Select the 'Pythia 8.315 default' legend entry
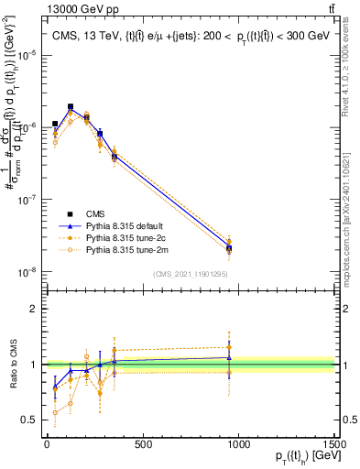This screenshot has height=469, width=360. click(118, 225)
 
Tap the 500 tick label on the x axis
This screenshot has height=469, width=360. click(142, 445)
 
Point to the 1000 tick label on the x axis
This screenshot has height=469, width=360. click(238, 445)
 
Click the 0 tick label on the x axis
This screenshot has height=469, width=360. click(47, 445)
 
